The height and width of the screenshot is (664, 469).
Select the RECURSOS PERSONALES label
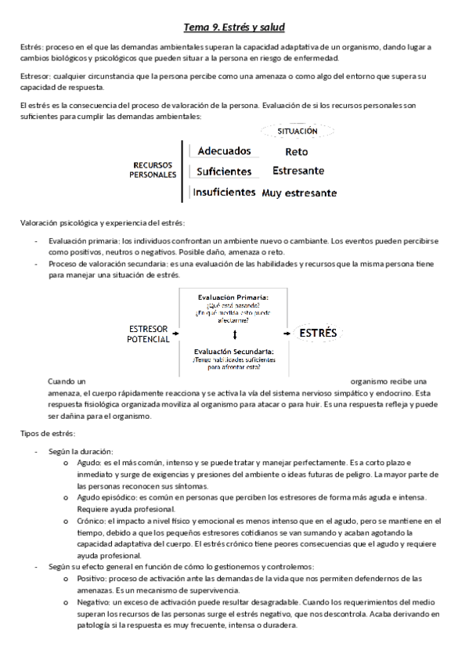pos(152,171)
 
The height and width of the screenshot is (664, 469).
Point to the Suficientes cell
pos(224,171)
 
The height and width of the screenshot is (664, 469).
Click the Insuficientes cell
pos(224,191)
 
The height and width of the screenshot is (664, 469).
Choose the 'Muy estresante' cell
pos(300,192)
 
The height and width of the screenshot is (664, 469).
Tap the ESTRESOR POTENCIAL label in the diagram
pos(149,334)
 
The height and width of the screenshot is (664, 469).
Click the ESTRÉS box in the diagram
pos(319,334)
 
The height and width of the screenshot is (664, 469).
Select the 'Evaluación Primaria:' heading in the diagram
pos(235,298)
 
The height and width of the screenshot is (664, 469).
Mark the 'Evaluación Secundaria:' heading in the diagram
pos(235,352)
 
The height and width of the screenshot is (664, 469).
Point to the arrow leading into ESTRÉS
pos(288,334)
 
